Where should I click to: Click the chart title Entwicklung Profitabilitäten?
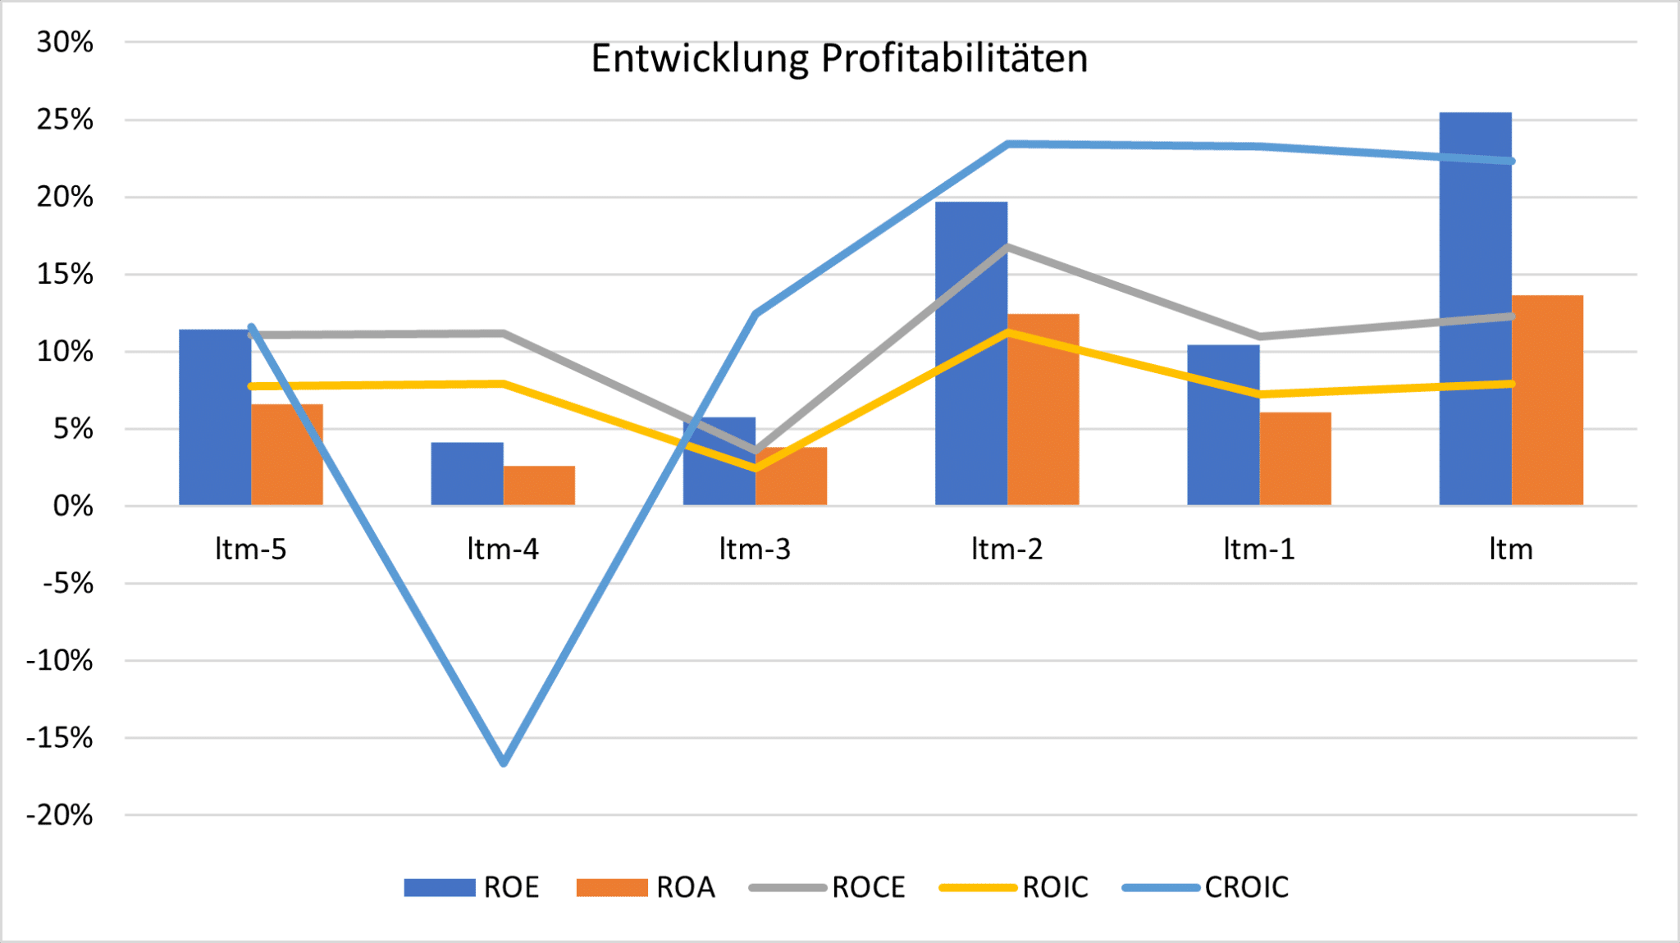pyautogui.click(x=839, y=59)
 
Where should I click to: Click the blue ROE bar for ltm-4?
pyautogui.click(x=467, y=473)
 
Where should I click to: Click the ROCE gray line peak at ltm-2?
pyautogui.click(x=1007, y=246)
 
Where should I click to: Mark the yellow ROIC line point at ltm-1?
pyautogui.click(x=1259, y=394)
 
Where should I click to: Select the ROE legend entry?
pyautogui.click(x=472, y=887)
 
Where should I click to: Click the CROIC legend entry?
pyautogui.click(x=1206, y=887)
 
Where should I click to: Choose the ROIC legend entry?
pyautogui.click(x=1015, y=887)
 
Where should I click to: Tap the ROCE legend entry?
pyautogui.click(x=828, y=887)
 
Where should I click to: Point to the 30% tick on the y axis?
pyautogui.click(x=65, y=42)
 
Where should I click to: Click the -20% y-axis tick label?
pyautogui.click(x=60, y=815)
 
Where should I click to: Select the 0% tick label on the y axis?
pyautogui.click(x=73, y=506)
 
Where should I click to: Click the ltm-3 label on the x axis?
pyautogui.click(x=755, y=549)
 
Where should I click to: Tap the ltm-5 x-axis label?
pyautogui.click(x=251, y=549)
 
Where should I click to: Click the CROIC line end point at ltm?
pyautogui.click(x=1511, y=161)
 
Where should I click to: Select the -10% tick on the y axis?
pyautogui.click(x=60, y=660)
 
